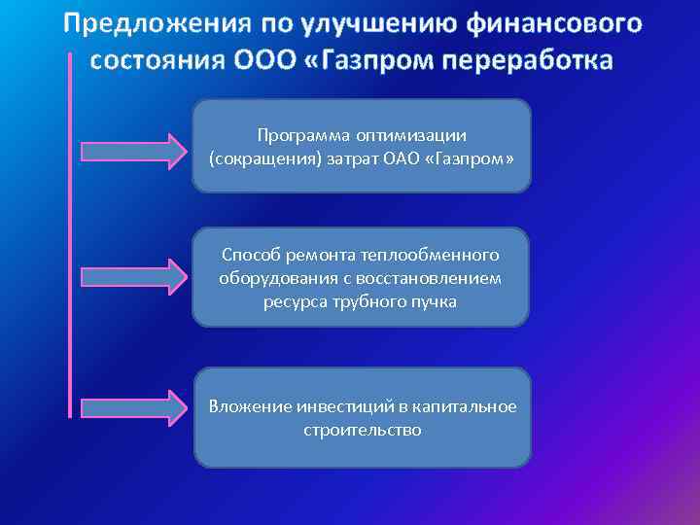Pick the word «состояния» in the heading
157,60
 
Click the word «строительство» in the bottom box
363,429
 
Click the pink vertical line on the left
70,233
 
